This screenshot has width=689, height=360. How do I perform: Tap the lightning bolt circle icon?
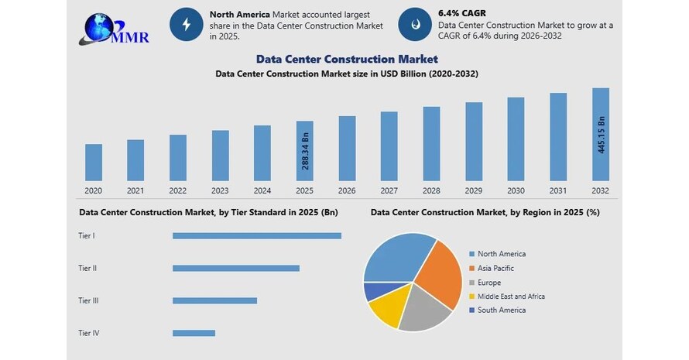coord(187,24)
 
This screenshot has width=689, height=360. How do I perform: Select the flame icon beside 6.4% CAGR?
coord(414,24)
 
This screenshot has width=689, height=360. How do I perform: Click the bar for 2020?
coord(94,162)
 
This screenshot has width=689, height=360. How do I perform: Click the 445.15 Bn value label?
coord(602,135)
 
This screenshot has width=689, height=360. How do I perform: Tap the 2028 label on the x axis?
coord(431,190)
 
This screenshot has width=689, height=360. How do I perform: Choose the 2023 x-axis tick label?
coord(220,190)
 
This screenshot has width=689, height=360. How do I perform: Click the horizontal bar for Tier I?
coord(256,235)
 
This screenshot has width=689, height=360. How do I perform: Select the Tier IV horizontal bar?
coord(194,333)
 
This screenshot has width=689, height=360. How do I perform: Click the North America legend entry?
coord(501,254)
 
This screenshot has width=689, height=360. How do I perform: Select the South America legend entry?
coord(501,310)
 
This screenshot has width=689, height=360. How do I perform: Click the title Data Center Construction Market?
coord(347,59)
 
